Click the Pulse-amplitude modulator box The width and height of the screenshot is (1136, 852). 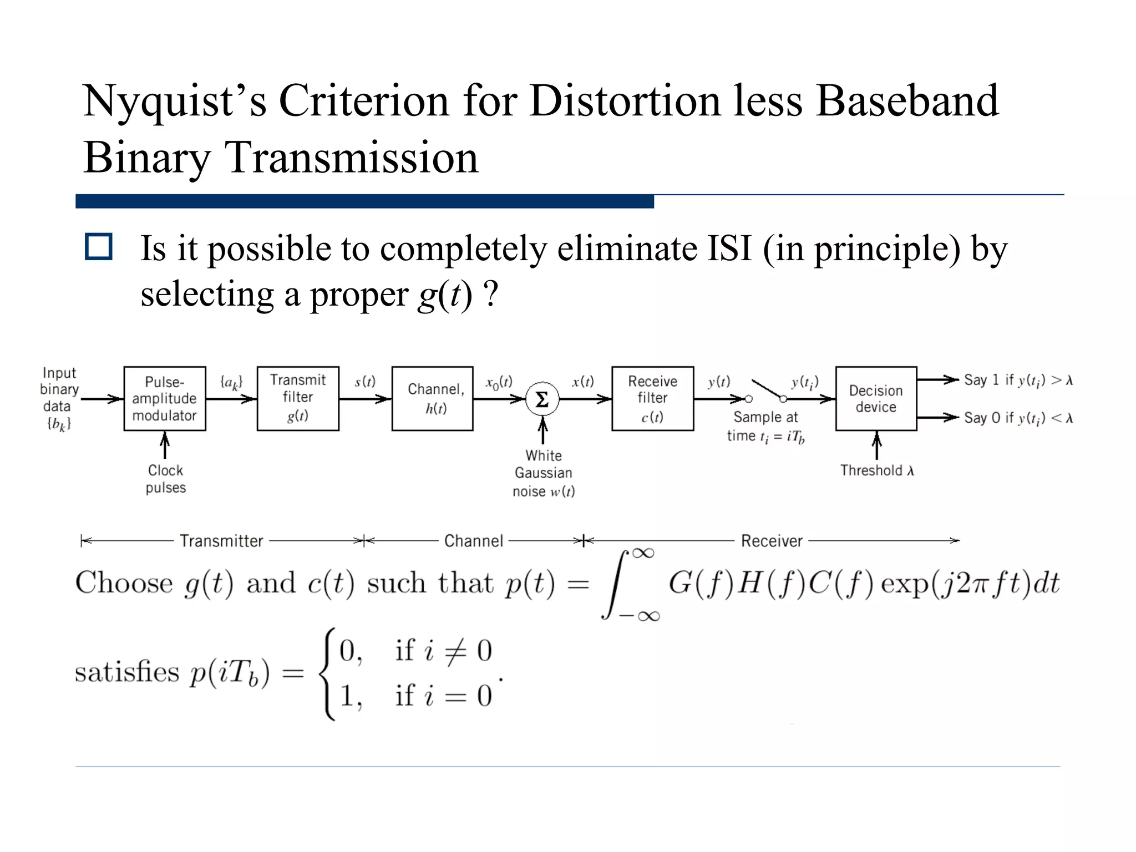(x=165, y=398)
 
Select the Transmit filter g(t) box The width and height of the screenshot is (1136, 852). (x=298, y=398)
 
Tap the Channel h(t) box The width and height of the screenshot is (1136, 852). (x=432, y=398)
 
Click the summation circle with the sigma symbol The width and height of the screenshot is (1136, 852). (x=542, y=399)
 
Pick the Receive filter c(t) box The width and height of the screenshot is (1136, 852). (x=652, y=398)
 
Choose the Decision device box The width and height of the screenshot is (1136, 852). (x=876, y=398)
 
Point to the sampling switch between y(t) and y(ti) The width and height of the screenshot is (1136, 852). (x=766, y=390)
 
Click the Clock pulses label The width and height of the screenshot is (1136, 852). (x=165, y=479)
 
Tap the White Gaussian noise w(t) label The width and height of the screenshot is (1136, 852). (x=544, y=473)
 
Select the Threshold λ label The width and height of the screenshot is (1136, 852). (x=876, y=470)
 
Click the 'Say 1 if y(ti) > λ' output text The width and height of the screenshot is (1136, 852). (x=1018, y=380)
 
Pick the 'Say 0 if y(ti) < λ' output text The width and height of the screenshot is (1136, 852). (x=1018, y=418)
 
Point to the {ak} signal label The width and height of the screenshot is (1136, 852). (x=231, y=382)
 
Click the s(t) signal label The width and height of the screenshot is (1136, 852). (x=365, y=382)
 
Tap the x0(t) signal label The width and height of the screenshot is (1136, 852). (x=499, y=383)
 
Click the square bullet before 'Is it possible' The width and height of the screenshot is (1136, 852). (x=99, y=247)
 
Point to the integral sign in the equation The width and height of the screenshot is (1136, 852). (x=617, y=584)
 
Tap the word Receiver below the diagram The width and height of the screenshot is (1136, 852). (x=772, y=541)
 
